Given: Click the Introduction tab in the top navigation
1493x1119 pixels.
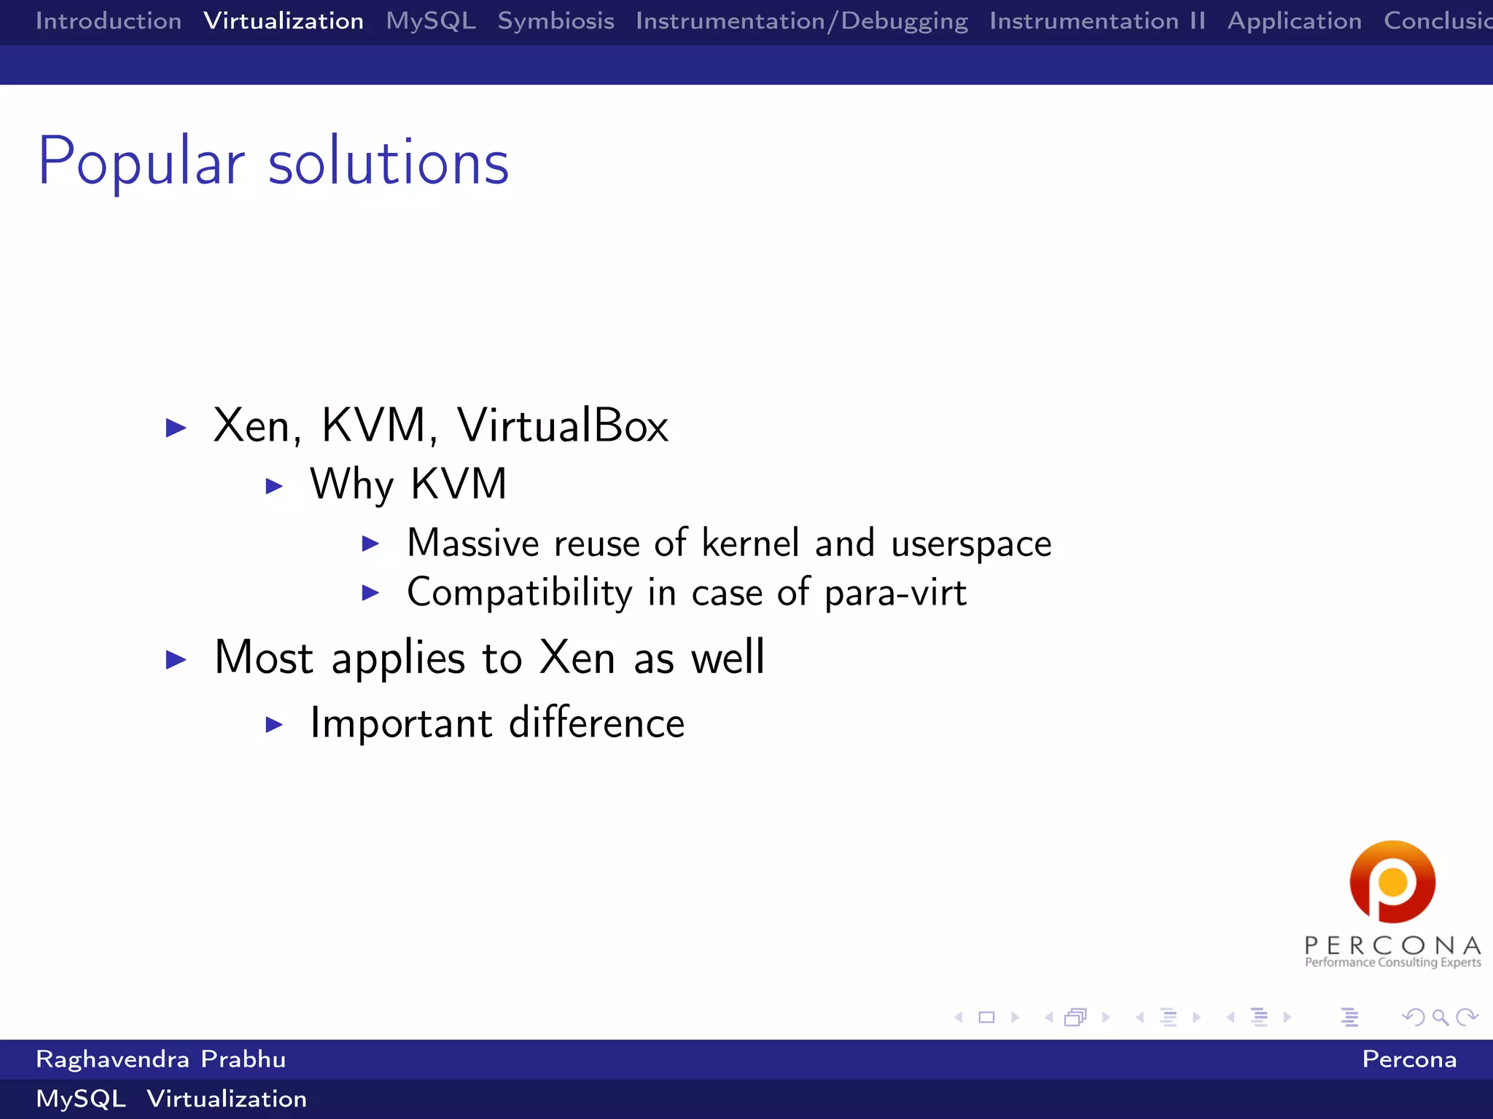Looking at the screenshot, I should pyautogui.click(x=109, y=21).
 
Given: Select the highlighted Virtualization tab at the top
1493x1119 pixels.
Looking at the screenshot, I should pyautogui.click(x=284, y=21).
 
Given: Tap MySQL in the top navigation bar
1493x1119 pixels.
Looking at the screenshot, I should pyautogui.click(x=431, y=21).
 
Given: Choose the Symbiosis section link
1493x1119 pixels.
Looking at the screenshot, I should pyautogui.click(x=556, y=21).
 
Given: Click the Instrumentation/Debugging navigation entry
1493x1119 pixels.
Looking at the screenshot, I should pyautogui.click(x=801, y=21).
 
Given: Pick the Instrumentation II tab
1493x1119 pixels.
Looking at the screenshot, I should pyautogui.click(x=1097, y=21).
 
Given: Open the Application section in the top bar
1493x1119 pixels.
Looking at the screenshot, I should pyautogui.click(x=1294, y=21).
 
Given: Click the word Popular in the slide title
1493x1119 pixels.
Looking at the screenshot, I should pyautogui.click(x=141, y=162).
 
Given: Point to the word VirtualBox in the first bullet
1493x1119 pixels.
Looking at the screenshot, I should pyautogui.click(x=562, y=425).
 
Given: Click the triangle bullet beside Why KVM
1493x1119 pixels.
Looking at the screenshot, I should pyautogui.click(x=274, y=486).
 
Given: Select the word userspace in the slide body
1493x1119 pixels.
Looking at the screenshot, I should pyautogui.click(x=971, y=544).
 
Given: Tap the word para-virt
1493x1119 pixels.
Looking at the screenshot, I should pyautogui.click(x=895, y=593).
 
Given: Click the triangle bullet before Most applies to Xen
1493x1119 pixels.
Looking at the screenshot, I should pyautogui.click(x=176, y=660).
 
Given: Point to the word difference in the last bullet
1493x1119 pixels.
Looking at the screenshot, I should pyautogui.click(x=596, y=723).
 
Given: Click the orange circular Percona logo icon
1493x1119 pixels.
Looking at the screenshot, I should pyautogui.click(x=1392, y=882).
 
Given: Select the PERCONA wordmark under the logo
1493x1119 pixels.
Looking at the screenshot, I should pyautogui.click(x=1392, y=946).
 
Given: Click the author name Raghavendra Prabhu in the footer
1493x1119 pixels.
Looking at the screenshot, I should pyautogui.click(x=160, y=1059).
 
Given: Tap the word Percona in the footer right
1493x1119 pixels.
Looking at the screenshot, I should pyautogui.click(x=1409, y=1059).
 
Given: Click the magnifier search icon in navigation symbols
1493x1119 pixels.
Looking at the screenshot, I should pyautogui.click(x=1440, y=1017).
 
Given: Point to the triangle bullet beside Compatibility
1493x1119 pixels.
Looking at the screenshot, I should pyautogui.click(x=370, y=593).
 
